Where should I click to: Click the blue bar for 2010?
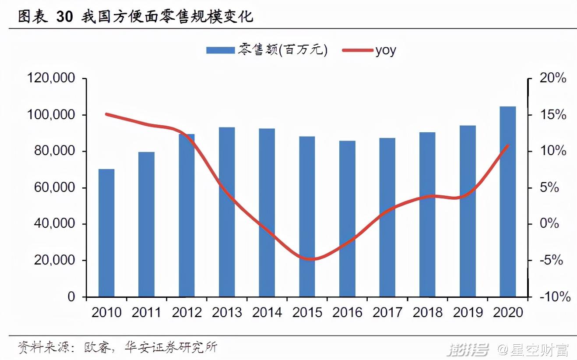[106, 233]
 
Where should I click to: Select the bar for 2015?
[307, 216]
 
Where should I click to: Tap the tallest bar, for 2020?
[507, 201]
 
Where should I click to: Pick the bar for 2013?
[227, 212]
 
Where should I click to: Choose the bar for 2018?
[427, 214]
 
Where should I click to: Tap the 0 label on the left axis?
[70, 297]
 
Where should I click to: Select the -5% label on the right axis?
[552, 261]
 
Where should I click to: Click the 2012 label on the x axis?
[186, 312]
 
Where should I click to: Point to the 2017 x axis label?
[387, 312]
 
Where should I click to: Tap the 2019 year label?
[468, 312]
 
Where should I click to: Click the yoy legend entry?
[385, 50]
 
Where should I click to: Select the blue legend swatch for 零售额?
[220, 50]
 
